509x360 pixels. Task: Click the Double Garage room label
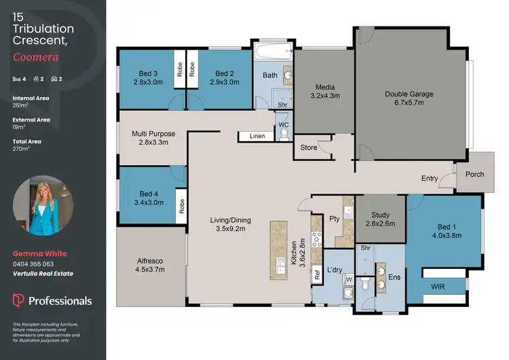[x=409, y=94]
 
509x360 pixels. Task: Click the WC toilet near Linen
[x=283, y=134]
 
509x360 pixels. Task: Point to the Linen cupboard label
[x=257, y=137]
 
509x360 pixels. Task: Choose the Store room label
[x=309, y=147]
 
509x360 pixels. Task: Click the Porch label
[x=474, y=174]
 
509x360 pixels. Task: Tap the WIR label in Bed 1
[x=438, y=287]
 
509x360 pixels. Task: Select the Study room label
[x=380, y=214]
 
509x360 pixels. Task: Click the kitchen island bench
[x=279, y=249]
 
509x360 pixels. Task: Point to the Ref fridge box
[x=316, y=275]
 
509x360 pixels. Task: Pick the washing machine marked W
[x=349, y=278]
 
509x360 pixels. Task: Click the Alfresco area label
[x=149, y=260]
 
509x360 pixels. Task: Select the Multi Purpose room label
[x=153, y=134]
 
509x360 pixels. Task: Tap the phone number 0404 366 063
[x=33, y=264]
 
